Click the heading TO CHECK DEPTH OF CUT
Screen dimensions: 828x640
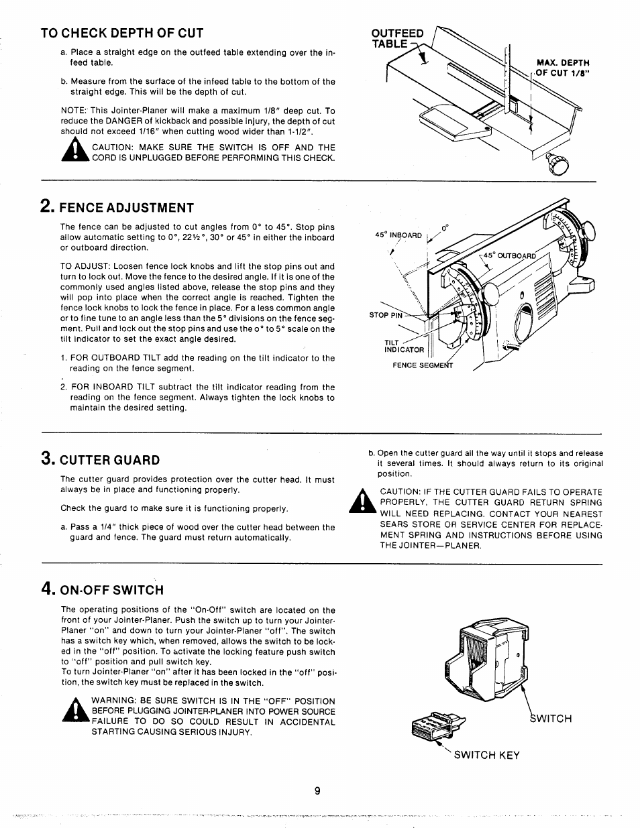click(x=121, y=33)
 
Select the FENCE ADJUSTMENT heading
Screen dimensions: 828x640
click(x=127, y=207)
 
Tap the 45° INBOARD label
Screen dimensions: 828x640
click(x=398, y=235)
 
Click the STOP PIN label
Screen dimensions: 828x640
click(x=386, y=314)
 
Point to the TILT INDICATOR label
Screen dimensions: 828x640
click(x=404, y=346)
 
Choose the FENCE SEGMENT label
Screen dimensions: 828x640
click(x=423, y=365)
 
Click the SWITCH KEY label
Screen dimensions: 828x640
click(x=486, y=754)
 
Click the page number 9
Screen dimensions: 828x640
click(x=319, y=790)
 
